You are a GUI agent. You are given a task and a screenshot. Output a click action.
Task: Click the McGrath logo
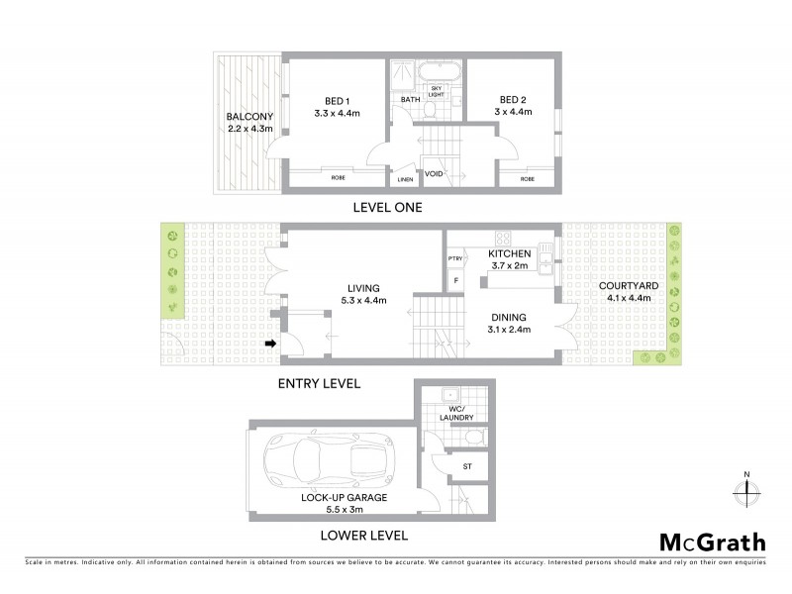(712, 542)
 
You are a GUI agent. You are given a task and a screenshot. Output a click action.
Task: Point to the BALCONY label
(249, 117)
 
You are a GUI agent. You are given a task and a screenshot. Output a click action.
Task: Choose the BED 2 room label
(511, 100)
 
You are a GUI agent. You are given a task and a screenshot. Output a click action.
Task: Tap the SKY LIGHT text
(436, 91)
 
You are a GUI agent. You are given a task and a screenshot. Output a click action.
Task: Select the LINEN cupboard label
(405, 179)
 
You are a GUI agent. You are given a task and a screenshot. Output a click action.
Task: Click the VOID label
(434, 174)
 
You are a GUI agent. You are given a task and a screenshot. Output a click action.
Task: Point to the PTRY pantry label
(455, 259)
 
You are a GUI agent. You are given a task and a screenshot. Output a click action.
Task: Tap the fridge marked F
(455, 281)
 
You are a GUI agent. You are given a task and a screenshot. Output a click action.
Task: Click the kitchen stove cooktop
(502, 238)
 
